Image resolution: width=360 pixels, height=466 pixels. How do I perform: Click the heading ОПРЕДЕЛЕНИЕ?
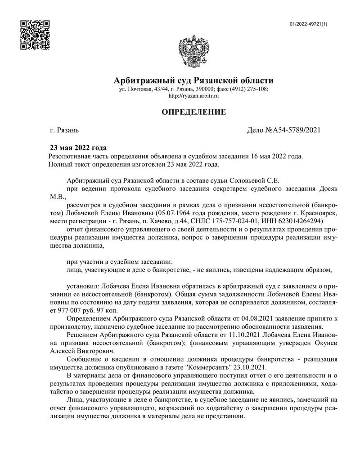coord(194,112)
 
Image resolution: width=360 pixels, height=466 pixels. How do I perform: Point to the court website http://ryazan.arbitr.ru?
coord(194,96)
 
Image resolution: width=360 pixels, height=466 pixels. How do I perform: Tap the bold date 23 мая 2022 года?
coord(78,148)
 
